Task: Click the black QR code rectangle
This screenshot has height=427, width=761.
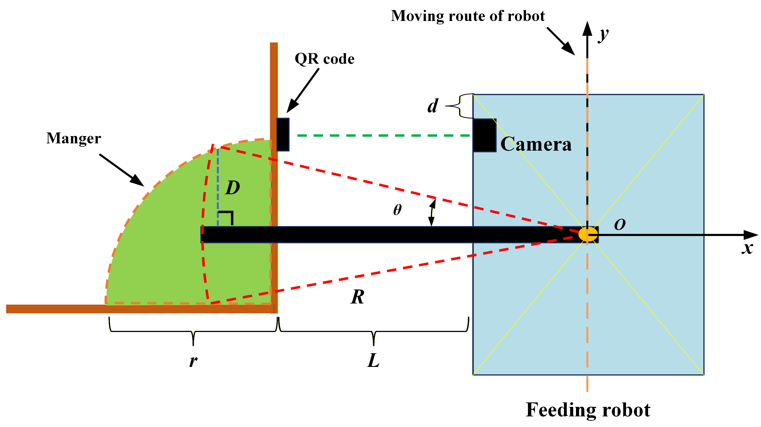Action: pos(283,134)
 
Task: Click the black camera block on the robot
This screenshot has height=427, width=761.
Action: pos(485,135)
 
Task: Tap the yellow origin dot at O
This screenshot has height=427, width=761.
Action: pos(588,234)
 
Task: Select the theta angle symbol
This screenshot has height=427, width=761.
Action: pos(397,210)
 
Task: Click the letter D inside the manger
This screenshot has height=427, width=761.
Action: pos(233,188)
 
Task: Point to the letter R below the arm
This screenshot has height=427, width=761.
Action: pos(357,297)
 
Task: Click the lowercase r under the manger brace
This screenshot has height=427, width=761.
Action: pos(193,361)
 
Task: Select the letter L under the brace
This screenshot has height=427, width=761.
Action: pos(373,360)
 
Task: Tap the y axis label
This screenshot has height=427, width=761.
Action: pos(604,35)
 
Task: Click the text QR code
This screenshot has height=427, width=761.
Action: pos(324,59)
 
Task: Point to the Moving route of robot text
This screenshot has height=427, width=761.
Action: pos(468,16)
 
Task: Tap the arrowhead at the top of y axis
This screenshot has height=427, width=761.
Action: pos(587,29)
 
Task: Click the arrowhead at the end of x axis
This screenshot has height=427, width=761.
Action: pos(751,235)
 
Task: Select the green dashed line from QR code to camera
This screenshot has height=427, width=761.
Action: pos(383,135)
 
